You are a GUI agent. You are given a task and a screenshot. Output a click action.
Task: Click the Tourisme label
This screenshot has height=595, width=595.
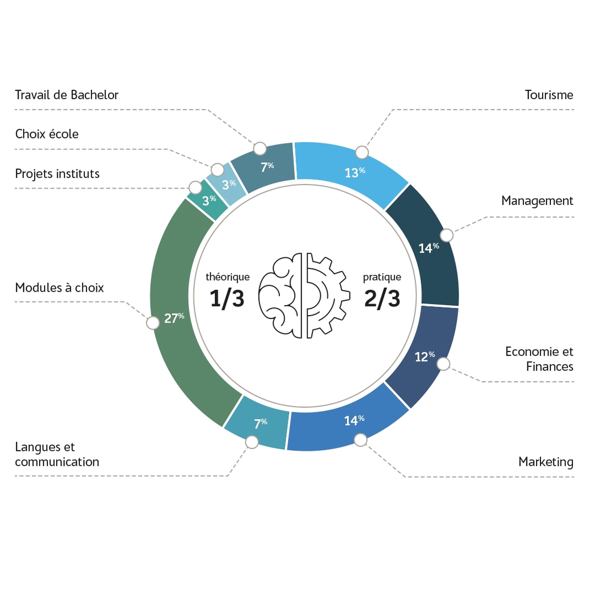549,95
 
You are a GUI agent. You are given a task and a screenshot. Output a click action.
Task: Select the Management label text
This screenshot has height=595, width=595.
537,201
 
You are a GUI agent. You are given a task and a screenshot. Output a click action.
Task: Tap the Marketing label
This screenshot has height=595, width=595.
545,462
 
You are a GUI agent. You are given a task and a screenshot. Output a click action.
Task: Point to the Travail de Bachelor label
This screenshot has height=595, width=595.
67,95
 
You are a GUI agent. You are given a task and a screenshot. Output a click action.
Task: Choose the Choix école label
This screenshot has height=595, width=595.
47,134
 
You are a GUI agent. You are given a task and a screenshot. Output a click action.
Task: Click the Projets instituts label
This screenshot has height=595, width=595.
57,174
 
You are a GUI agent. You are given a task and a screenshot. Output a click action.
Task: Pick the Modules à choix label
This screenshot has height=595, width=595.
59,288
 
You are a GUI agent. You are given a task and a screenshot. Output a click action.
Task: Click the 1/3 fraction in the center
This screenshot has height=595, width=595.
227,298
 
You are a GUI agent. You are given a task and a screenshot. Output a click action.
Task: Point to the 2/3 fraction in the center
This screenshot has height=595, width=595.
382,298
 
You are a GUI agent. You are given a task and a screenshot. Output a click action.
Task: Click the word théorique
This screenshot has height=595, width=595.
227,277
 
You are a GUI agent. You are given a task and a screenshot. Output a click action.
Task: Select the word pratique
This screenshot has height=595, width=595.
382,277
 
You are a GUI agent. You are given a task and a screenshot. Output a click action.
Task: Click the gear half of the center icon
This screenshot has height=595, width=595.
327,296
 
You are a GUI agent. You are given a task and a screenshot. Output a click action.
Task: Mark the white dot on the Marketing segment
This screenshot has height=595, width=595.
360,440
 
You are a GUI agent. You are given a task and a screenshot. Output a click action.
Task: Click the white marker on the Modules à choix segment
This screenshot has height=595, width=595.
153,323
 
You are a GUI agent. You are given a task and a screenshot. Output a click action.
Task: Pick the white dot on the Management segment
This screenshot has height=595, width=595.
447,236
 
